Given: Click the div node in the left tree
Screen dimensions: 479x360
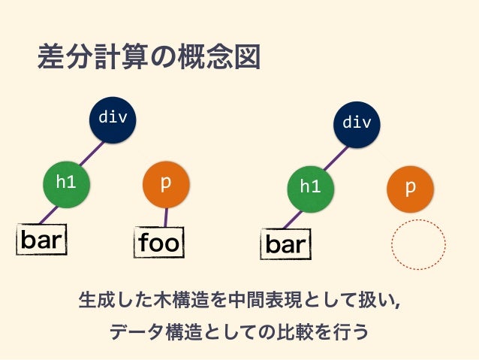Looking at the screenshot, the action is coord(113,118).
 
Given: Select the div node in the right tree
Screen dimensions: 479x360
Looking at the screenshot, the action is coord(357,123).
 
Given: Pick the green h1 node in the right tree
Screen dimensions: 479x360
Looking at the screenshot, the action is coord(310,186).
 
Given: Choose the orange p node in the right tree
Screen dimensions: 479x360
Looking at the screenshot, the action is coord(410,187).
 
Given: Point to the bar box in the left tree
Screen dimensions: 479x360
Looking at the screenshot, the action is coord(41,240).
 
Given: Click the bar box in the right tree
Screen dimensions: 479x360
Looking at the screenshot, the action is coord(286,244).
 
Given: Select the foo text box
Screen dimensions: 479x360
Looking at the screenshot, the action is coord(160,242).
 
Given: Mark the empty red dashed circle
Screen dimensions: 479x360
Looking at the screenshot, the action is coord(419,244).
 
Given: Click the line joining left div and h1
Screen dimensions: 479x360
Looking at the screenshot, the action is coord(92,150).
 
